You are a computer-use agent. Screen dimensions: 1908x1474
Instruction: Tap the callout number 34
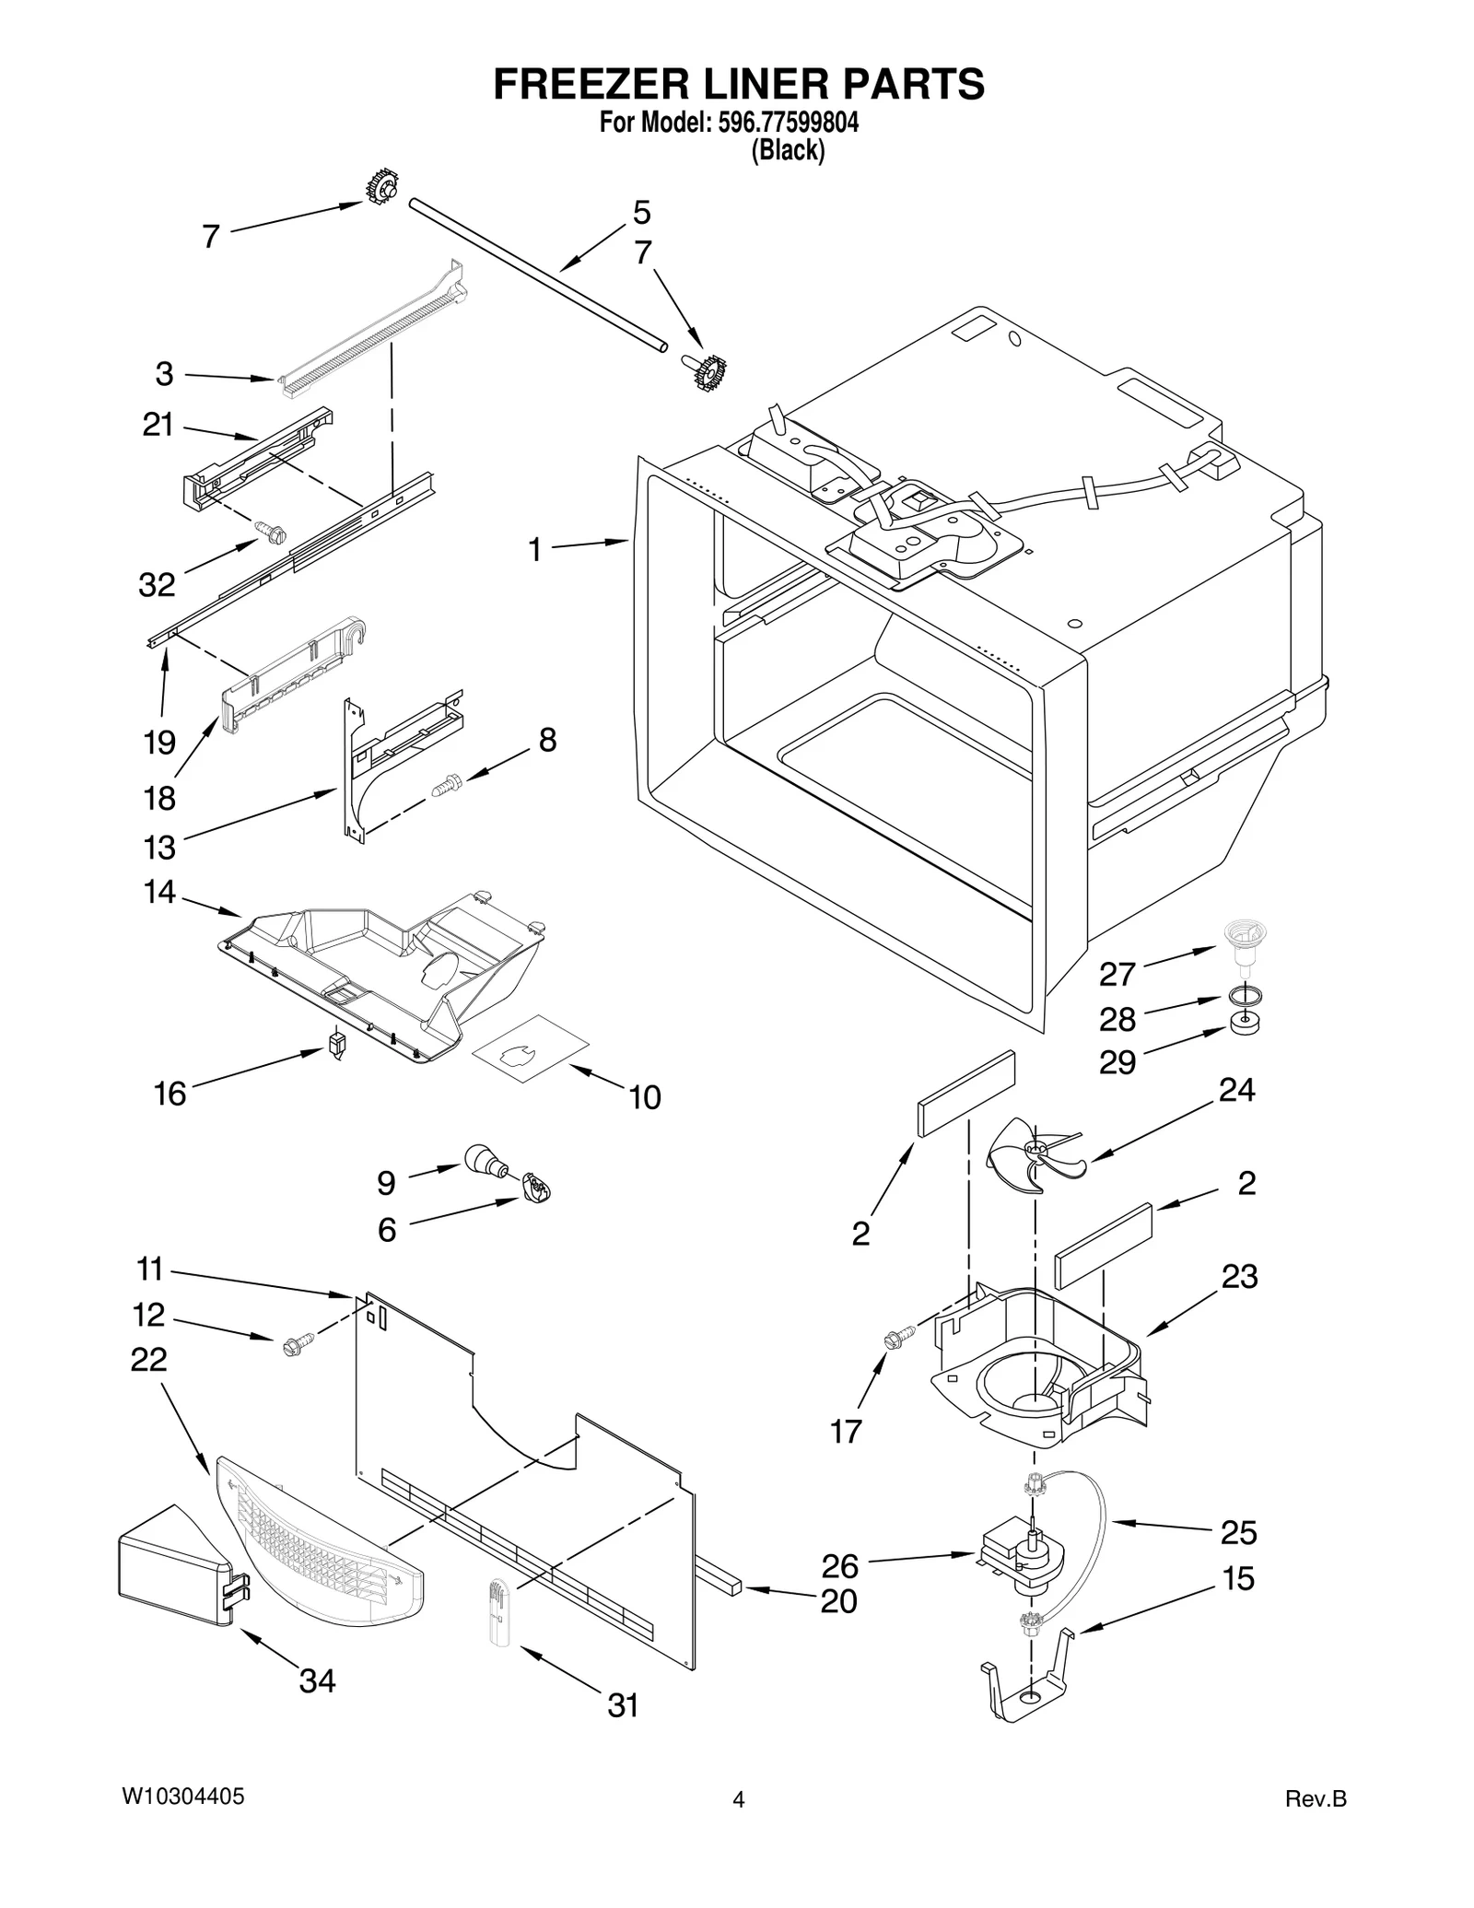317,1681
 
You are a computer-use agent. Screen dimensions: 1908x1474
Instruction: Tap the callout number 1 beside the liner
534,550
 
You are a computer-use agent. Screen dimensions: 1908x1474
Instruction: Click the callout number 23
1239,1276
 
